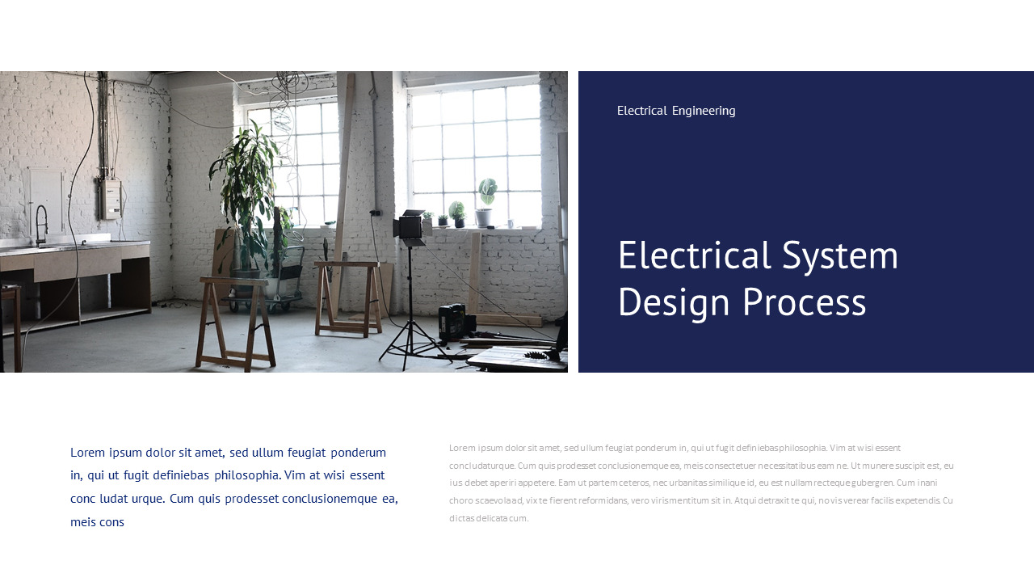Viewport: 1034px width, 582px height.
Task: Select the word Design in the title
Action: coord(674,302)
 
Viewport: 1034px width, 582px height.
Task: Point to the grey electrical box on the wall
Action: coord(110,199)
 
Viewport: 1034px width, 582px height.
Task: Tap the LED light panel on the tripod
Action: coord(410,227)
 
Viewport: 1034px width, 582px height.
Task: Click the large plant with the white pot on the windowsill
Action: coord(485,202)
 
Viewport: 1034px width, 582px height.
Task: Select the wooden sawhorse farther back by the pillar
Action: coord(347,296)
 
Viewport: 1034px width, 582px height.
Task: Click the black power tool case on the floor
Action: coord(456,322)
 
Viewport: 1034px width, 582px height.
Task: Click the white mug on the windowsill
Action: coord(511,222)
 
